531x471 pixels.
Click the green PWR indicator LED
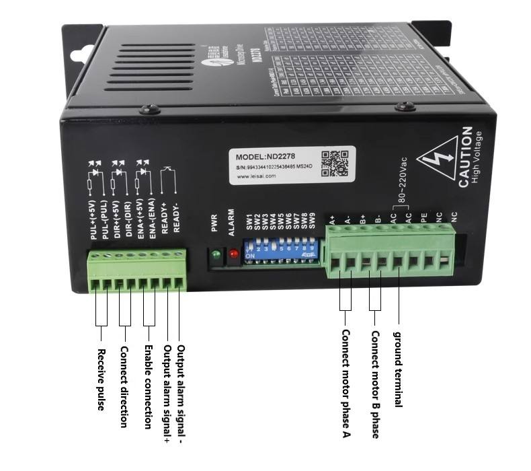216,254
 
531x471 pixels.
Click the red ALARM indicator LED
233,254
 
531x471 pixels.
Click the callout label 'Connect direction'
124,386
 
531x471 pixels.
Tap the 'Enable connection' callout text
148,387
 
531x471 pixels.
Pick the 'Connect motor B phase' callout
375,384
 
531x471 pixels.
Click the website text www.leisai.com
256,179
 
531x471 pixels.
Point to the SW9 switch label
313,221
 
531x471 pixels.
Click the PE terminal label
423,218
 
